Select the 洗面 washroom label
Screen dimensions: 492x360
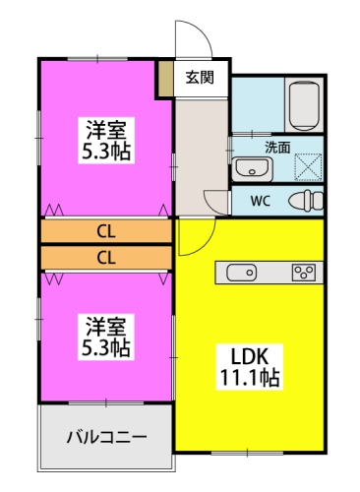(x=276, y=147)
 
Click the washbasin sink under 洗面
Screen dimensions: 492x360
(x=251, y=169)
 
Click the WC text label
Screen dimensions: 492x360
(x=261, y=202)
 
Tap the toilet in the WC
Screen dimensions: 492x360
(x=308, y=202)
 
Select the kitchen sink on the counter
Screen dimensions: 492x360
(x=242, y=272)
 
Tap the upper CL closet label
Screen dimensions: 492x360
(x=105, y=232)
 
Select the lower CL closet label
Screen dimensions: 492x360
(x=105, y=258)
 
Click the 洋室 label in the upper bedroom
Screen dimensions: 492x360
(x=105, y=130)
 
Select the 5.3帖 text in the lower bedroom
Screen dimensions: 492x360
(x=105, y=347)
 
